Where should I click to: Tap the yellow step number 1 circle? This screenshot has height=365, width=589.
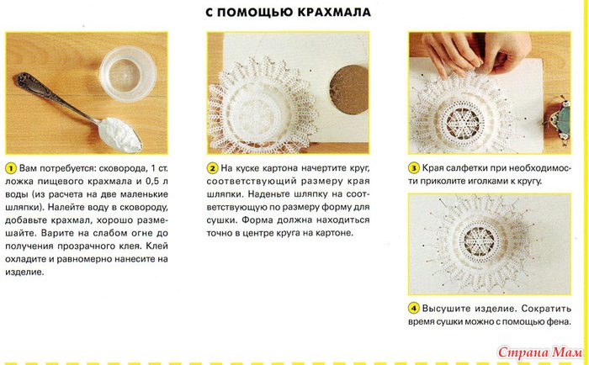[11, 168]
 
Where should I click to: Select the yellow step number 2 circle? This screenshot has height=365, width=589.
[212, 168]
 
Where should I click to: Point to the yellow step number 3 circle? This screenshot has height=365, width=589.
[414, 168]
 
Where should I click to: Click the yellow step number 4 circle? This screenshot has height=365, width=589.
[414, 309]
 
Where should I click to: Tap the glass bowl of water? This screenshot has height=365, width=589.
[128, 74]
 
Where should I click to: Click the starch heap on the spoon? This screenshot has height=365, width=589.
[119, 135]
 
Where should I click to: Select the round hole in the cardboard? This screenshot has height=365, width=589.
[348, 90]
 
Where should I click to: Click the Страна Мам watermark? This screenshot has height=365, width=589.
[540, 352]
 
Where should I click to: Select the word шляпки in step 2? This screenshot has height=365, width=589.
[224, 194]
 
